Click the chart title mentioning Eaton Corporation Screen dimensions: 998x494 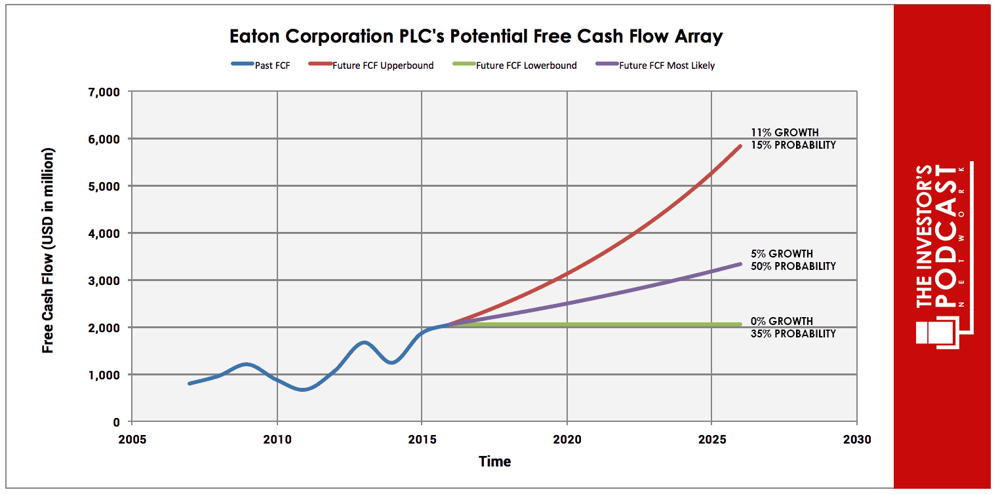coord(476,37)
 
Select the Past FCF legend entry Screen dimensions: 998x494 coord(260,66)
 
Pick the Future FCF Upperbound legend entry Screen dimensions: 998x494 coord(370,66)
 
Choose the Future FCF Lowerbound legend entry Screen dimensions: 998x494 coord(515,66)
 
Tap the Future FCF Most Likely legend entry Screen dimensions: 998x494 coord(655,66)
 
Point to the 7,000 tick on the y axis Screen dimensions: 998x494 coord(104,92)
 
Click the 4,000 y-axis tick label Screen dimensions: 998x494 coord(104,233)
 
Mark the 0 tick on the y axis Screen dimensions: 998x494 coord(116,422)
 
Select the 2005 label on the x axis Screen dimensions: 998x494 coord(132,439)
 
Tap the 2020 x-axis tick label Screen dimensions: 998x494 coord(567,439)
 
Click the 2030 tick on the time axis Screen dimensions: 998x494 coord(857,439)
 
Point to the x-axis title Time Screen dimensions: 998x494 coord(494,461)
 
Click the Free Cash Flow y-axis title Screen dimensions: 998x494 coord(48,250)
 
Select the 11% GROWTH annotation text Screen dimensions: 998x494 coord(785,132)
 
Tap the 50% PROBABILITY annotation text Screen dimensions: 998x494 coord(793,266)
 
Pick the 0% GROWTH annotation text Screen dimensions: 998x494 coord(782,321)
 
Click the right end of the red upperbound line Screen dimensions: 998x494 coord(740,146)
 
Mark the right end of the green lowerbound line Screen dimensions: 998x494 coord(740,324)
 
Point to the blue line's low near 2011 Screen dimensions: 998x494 coord(303,389)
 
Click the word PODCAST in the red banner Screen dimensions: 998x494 coord(945,237)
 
